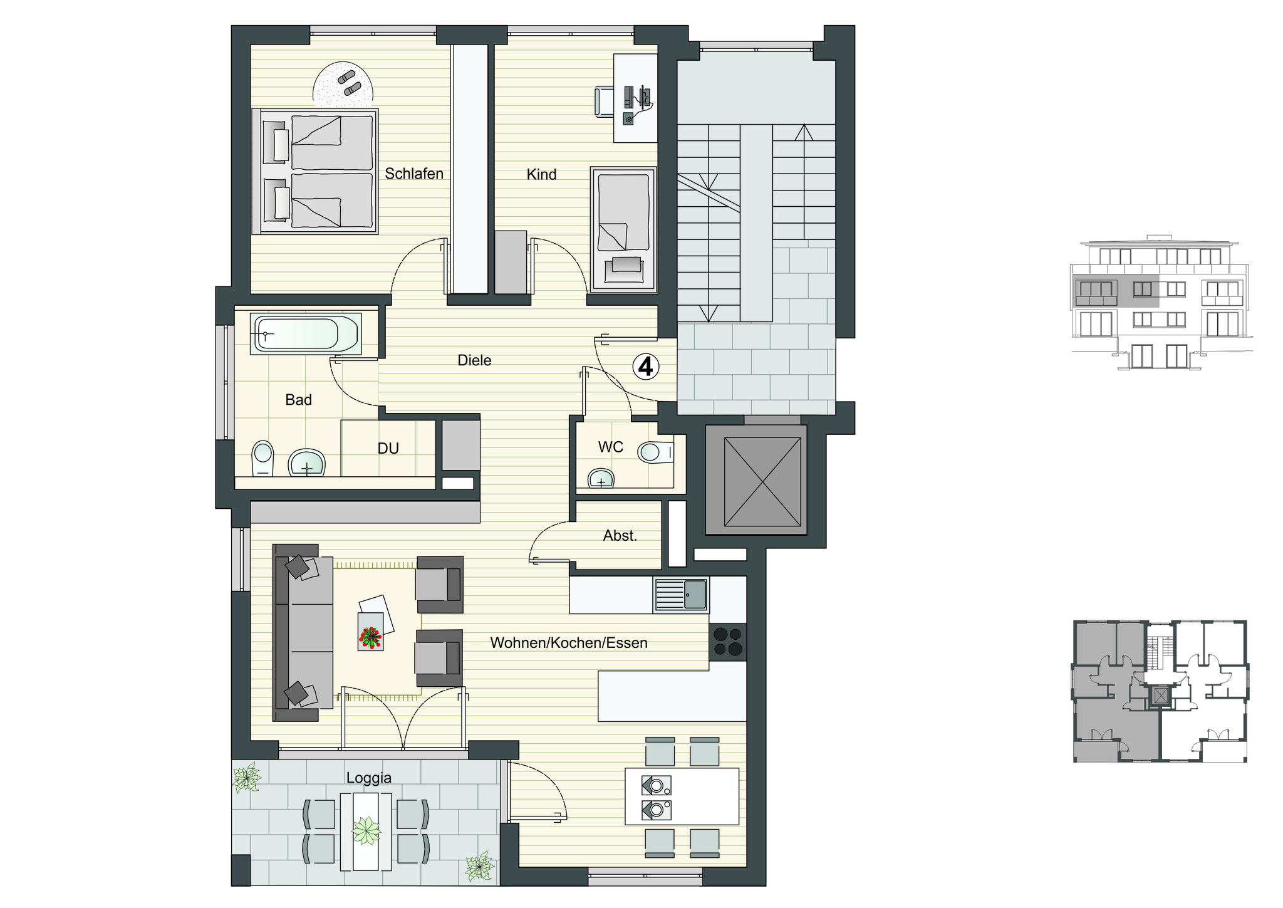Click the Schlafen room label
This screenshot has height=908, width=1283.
pyautogui.click(x=414, y=174)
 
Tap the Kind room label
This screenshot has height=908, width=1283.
pyautogui.click(x=541, y=174)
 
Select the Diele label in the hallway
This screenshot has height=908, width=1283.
pyautogui.click(x=474, y=360)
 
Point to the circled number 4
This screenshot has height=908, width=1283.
pyautogui.click(x=645, y=367)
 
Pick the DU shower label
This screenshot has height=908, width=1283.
pyautogui.click(x=388, y=449)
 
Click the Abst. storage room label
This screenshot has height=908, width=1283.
pyautogui.click(x=620, y=536)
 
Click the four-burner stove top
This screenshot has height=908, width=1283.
pyautogui.click(x=728, y=642)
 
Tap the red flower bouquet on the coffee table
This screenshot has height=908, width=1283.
pyautogui.click(x=370, y=637)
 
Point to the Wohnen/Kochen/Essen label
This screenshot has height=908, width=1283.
pyautogui.click(x=569, y=643)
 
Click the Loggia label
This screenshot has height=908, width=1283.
pyautogui.click(x=369, y=778)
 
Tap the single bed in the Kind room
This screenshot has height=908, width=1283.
pyautogui.click(x=623, y=230)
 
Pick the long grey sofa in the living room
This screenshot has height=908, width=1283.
pyautogui.click(x=304, y=632)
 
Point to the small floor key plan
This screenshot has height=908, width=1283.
pyautogui.click(x=1160, y=691)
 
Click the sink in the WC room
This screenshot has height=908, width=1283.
pyautogui.click(x=601, y=479)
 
